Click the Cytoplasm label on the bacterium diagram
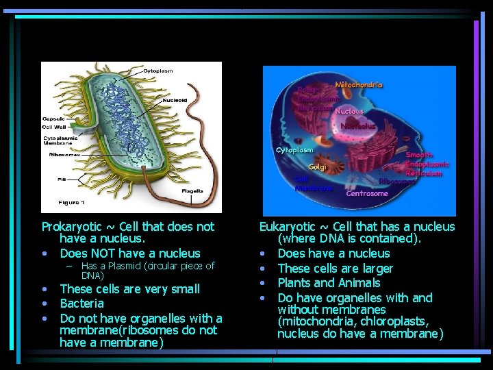coord(157,71)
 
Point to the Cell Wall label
coord(54,127)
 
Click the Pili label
coord(62,179)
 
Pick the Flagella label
coord(192,192)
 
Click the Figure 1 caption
coord(72,203)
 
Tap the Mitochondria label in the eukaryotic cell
coord(358,85)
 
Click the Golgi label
coord(317,166)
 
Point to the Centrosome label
coord(367,193)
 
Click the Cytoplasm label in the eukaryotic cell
coord(294,149)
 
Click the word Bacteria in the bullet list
coord(81,304)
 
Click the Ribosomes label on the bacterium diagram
coord(66,155)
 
